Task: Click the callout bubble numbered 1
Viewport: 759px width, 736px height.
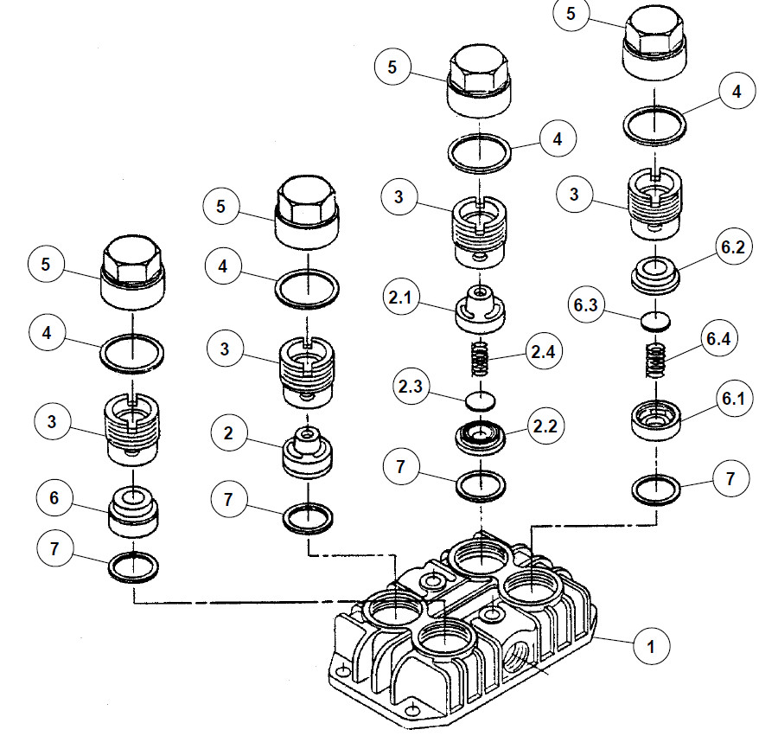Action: (651, 646)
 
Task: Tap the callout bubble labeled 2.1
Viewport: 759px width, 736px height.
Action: (400, 297)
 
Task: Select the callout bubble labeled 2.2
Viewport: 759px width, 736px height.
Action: (545, 426)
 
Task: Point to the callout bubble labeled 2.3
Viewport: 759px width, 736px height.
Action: (411, 386)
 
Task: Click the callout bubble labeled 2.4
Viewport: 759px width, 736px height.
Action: (544, 351)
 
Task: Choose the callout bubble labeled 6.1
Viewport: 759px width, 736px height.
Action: (733, 398)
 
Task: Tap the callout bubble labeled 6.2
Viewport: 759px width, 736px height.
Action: (733, 247)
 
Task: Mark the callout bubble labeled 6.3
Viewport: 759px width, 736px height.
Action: (586, 305)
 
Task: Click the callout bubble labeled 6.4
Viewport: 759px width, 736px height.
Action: (719, 338)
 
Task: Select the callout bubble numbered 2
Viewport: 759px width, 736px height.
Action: (228, 433)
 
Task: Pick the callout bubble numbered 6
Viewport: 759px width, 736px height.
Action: (54, 498)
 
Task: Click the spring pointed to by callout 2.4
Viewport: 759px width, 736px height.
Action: (480, 359)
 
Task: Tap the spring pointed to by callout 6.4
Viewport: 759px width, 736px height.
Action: (656, 361)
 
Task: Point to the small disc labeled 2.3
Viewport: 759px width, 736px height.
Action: (480, 401)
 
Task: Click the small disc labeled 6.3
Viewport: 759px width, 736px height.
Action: (656, 322)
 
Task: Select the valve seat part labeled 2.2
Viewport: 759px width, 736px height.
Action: (481, 434)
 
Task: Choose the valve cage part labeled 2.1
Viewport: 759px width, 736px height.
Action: (480, 309)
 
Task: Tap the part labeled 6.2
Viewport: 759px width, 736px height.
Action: (655, 275)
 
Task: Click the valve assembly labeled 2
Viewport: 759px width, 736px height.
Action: (308, 452)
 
